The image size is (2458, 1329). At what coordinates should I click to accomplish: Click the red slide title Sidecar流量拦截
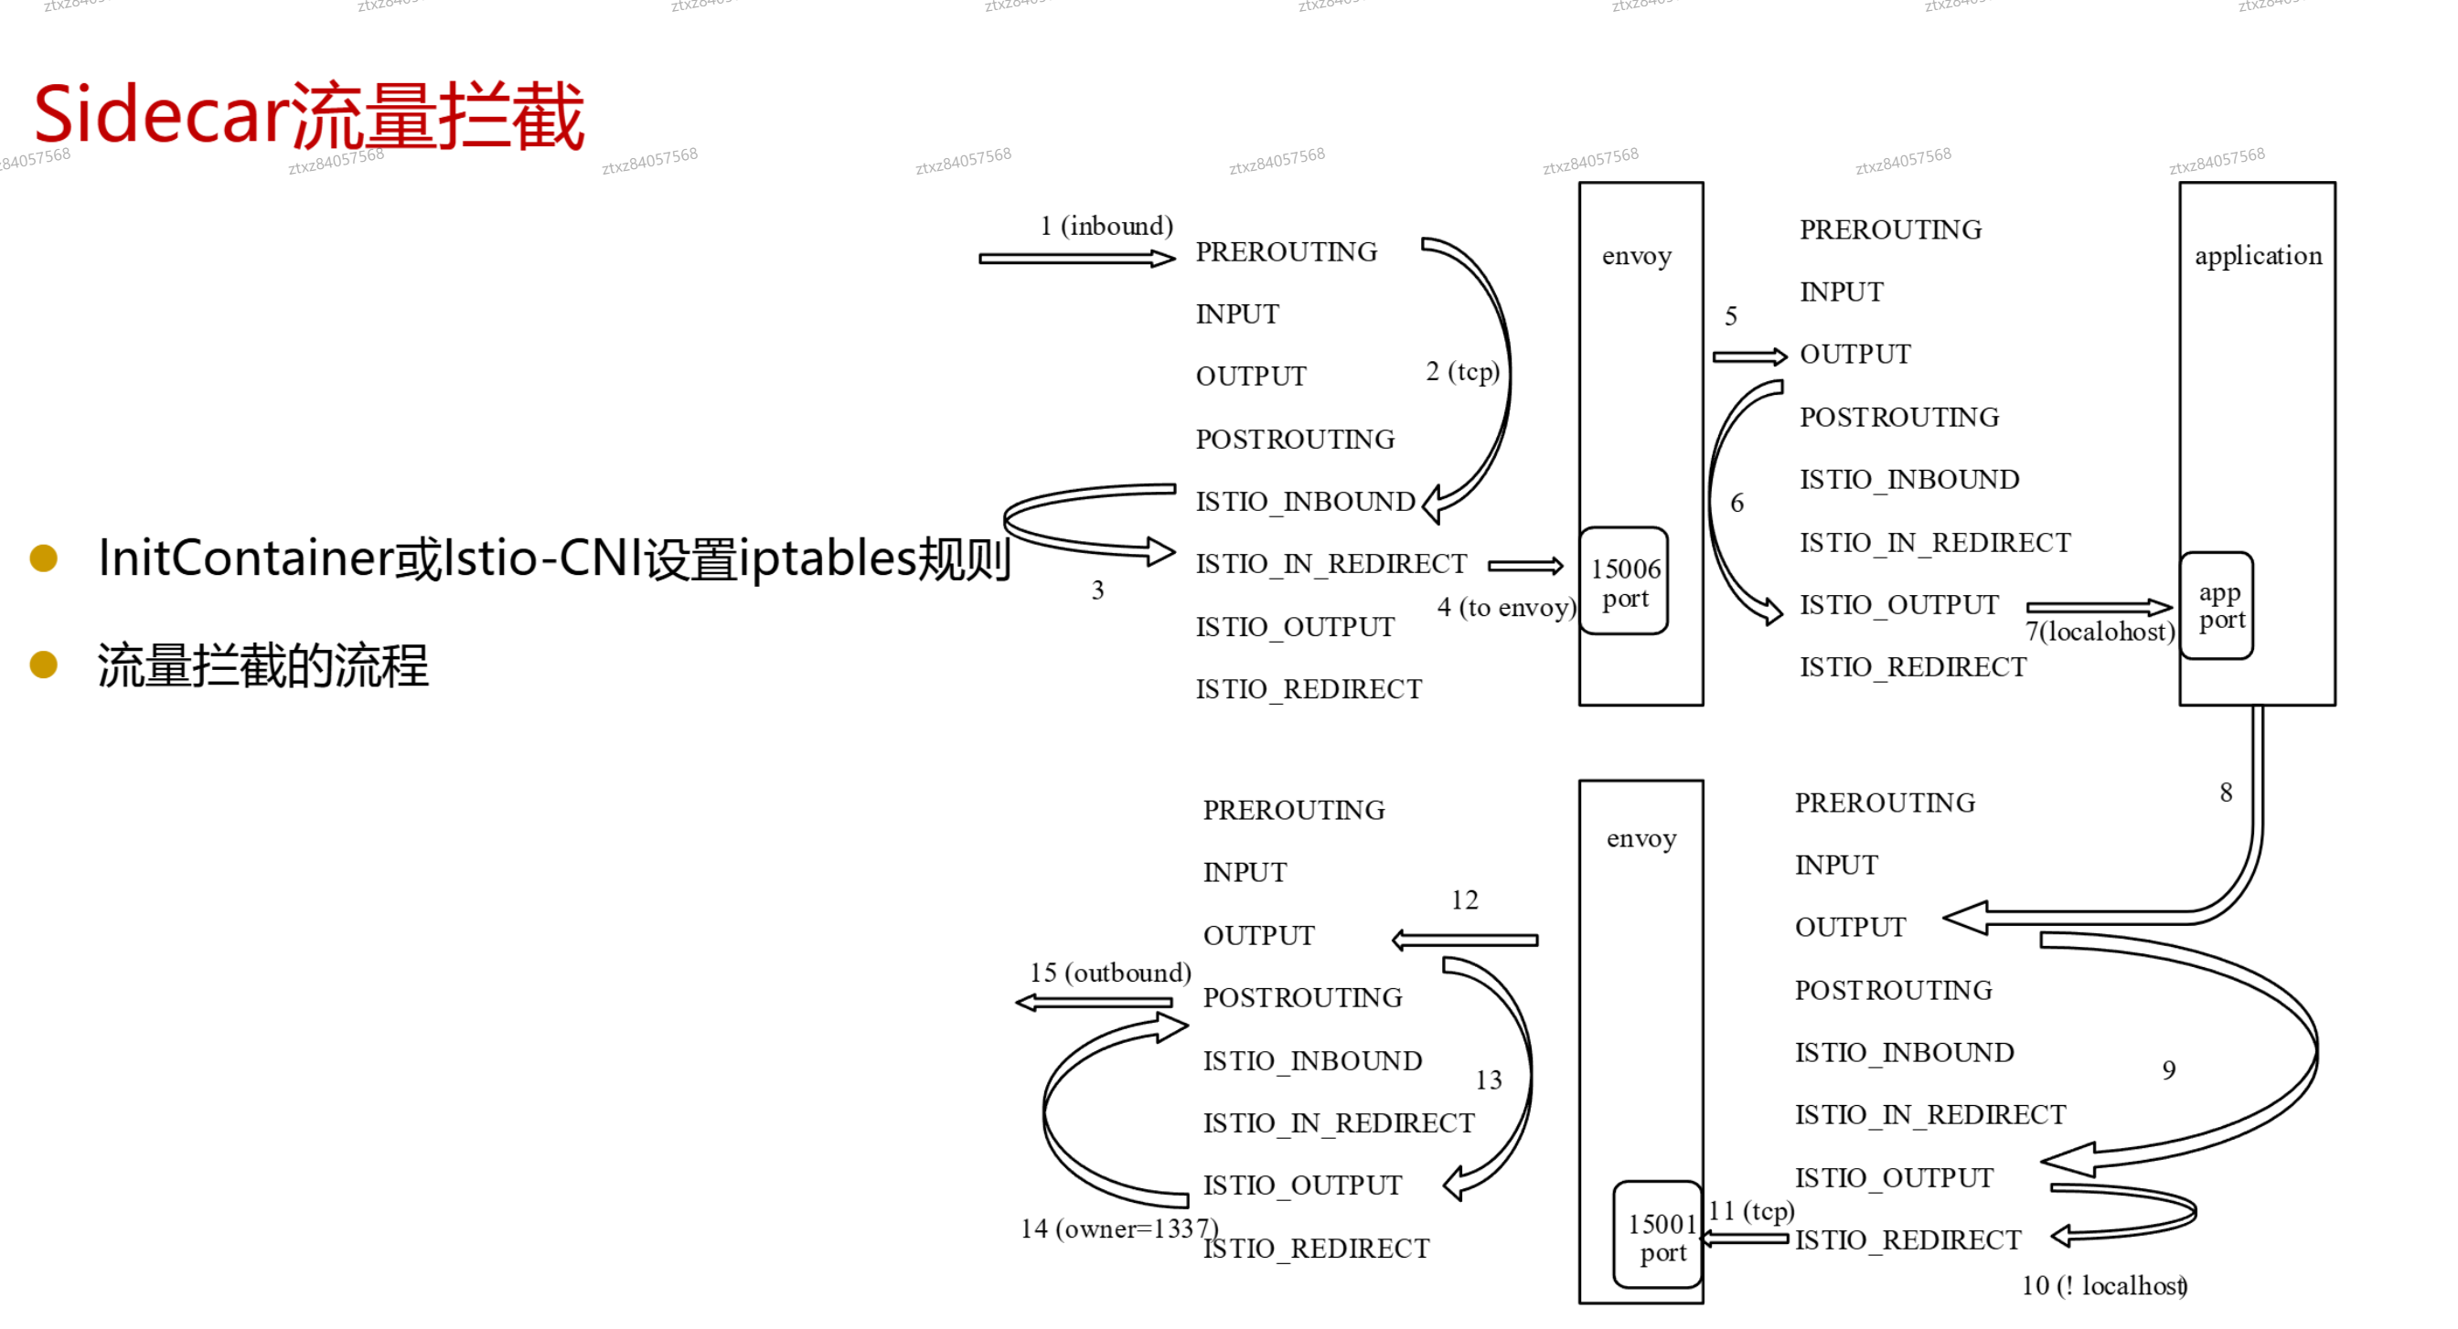coord(308,115)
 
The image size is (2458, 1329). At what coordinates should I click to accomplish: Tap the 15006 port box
coord(1624,582)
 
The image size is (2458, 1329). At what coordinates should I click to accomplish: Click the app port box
coord(2218,606)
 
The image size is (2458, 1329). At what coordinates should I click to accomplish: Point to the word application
coord(2258,256)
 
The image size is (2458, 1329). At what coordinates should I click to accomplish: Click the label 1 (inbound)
coord(1106,226)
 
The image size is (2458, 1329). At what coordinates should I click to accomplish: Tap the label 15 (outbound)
coord(1110,973)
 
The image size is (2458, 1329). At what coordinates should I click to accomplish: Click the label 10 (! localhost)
coord(2104,1286)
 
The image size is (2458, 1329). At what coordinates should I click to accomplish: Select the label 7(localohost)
coord(2100,632)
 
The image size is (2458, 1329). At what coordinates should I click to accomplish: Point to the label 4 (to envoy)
coord(1506,608)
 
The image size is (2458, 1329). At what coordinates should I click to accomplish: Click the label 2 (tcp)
coord(1463,371)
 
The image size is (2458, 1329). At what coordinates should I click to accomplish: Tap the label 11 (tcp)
coord(1751,1212)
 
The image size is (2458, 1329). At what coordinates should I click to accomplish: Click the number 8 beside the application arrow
coord(2226,792)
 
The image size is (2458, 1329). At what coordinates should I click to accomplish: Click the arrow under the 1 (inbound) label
coord(1076,259)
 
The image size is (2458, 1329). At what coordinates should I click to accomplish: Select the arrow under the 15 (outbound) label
coord(1094,1003)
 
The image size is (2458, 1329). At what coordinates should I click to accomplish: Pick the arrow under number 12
coord(1465,941)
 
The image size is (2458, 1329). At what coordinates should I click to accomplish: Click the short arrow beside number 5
coord(1749,356)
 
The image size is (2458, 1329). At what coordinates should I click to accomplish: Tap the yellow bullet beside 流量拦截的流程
coord(44,665)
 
